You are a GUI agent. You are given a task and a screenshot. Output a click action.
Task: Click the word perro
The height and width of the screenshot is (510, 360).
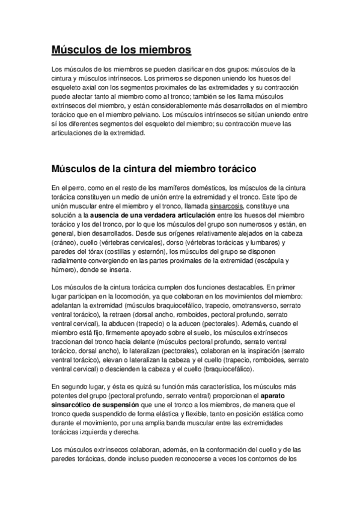pyautogui.click(x=74, y=188)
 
